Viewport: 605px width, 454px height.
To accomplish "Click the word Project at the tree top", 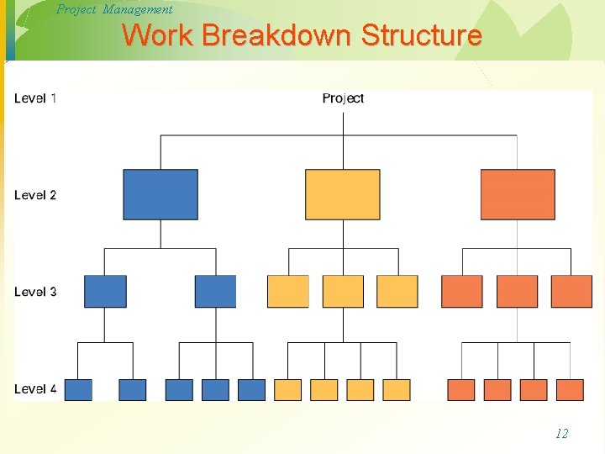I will pos(343,98).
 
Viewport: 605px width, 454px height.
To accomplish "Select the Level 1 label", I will pos(35,98).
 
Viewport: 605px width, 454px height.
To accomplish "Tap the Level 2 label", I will pos(35,195).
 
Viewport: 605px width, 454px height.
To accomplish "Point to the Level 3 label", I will pos(35,292).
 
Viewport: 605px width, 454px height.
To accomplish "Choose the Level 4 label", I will pos(35,388).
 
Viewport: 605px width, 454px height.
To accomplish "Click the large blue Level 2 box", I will pos(160,194).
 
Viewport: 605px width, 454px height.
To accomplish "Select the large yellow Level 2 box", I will pos(342,194).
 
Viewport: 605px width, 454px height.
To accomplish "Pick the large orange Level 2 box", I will pos(518,194).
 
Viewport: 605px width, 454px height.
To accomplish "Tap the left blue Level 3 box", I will pos(105,291).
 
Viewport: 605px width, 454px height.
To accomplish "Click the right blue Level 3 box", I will pos(215,291).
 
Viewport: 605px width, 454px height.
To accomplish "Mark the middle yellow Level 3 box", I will pos(343,291).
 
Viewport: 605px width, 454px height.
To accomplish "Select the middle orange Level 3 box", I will pos(517,291).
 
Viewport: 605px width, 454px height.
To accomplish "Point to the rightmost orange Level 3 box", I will pos(571,291).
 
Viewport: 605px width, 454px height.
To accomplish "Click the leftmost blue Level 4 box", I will pos(78,389).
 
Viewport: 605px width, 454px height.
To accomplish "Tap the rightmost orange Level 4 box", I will pos(570,389).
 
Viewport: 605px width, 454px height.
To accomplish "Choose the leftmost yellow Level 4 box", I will pos(287,389).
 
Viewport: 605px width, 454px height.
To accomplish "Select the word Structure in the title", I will pos(422,36).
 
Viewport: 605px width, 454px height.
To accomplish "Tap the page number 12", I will pos(561,434).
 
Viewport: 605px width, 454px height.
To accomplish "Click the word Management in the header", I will pos(137,9).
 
